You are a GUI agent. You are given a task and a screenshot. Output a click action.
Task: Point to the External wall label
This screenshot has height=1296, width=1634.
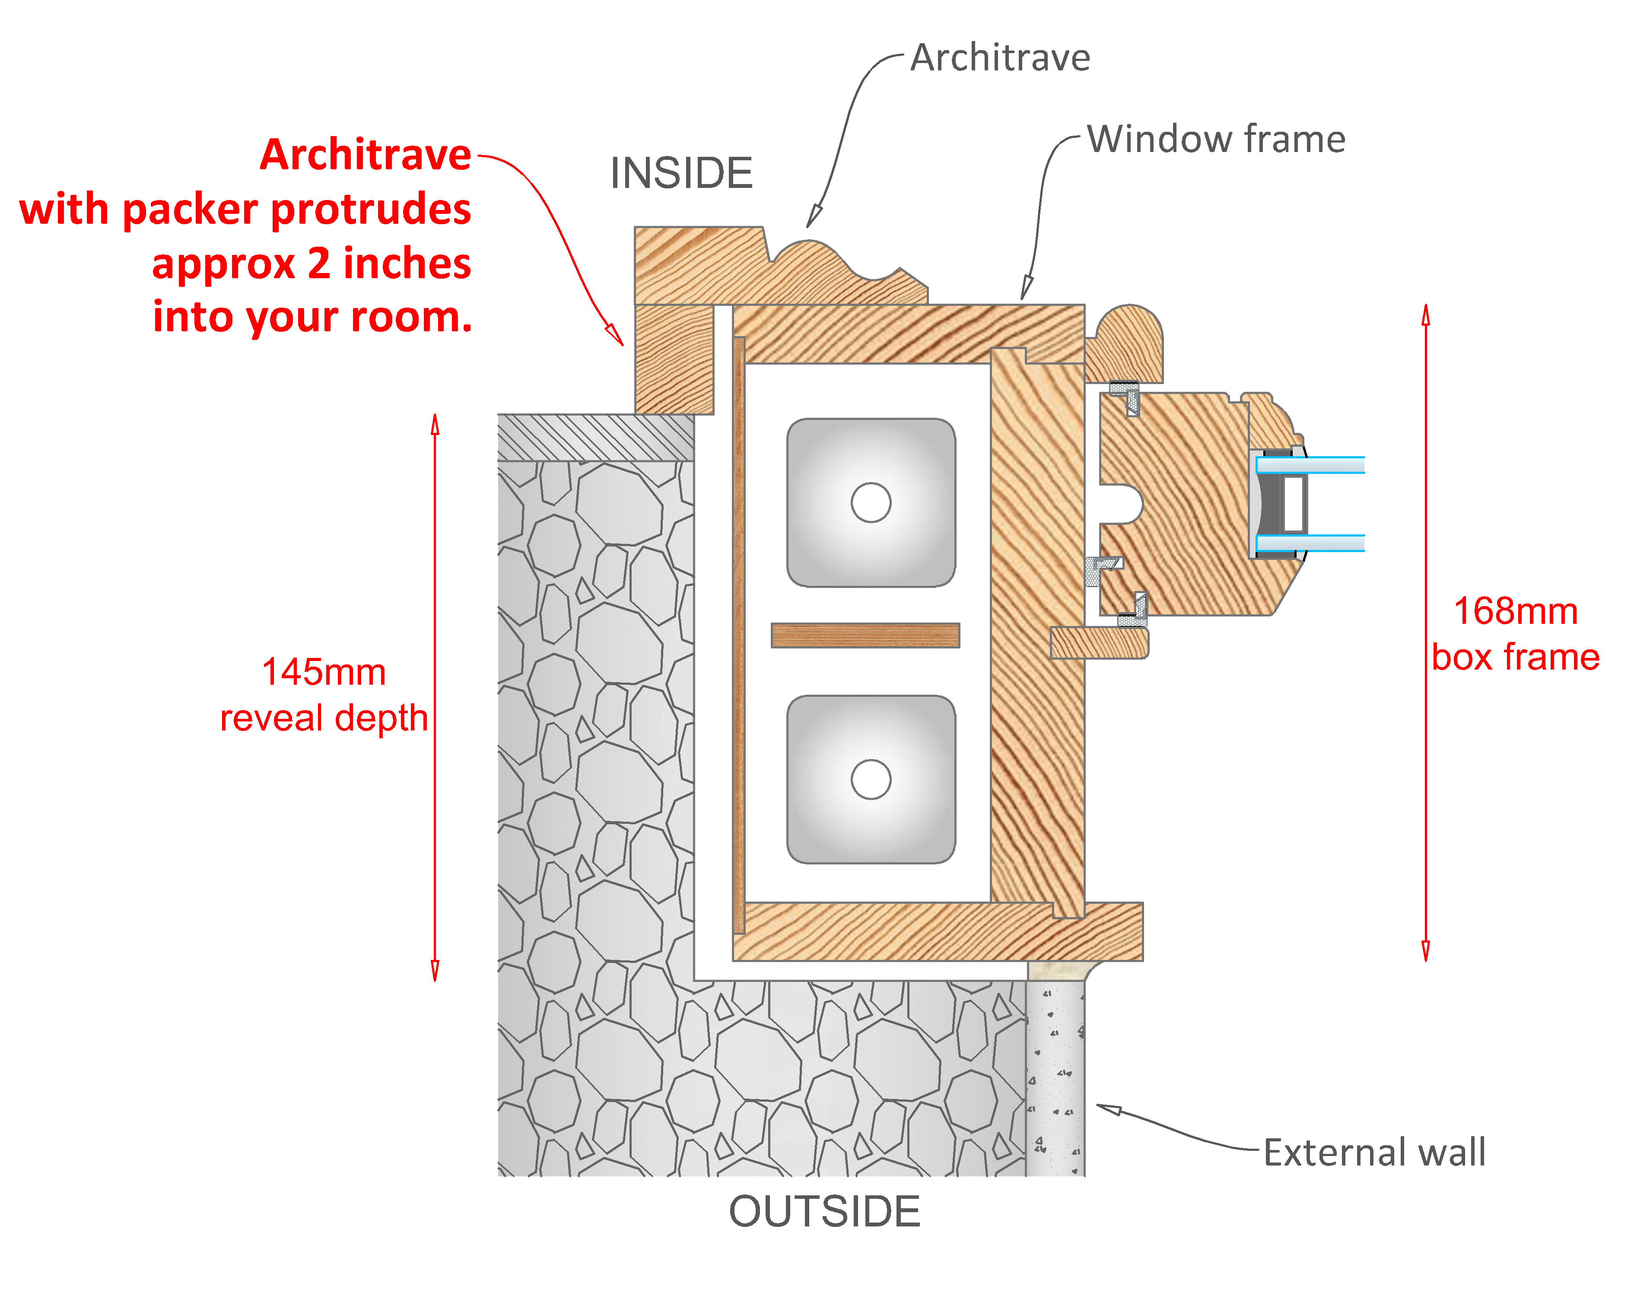click(x=1373, y=1153)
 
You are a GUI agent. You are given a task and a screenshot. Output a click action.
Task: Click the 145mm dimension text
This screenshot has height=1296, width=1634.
click(x=324, y=672)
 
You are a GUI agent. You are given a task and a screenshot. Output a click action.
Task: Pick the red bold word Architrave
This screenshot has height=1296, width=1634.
click(x=366, y=156)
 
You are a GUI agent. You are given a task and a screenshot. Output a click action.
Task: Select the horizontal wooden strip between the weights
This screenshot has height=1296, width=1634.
click(x=865, y=635)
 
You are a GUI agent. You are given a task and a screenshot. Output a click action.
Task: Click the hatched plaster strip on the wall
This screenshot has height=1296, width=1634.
click(x=595, y=437)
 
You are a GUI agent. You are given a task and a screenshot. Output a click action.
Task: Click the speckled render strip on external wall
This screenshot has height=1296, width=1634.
click(x=1055, y=1076)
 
